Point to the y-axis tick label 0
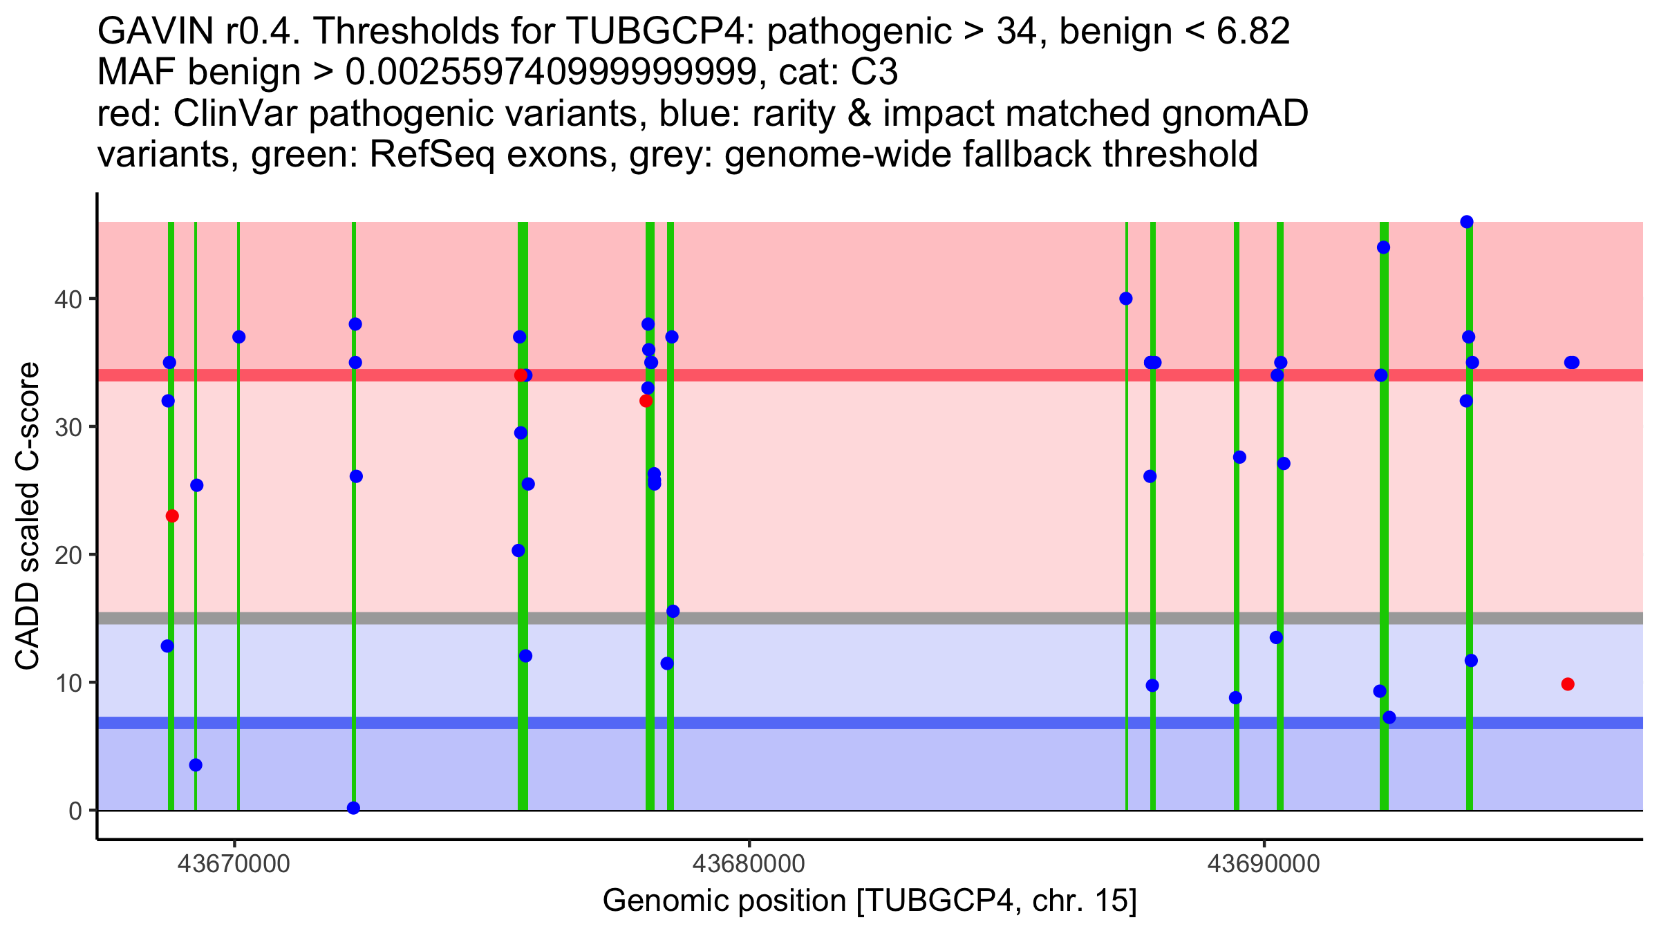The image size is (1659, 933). pyautogui.click(x=75, y=811)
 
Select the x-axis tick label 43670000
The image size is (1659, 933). pyautogui.click(x=234, y=864)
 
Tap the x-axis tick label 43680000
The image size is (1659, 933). pyautogui.click(x=749, y=864)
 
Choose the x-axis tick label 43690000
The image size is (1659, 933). pyautogui.click(x=1264, y=864)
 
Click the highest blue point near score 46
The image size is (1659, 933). pyautogui.click(x=1467, y=222)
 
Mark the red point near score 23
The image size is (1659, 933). pyautogui.click(x=172, y=516)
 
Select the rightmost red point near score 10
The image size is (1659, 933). pyautogui.click(x=1568, y=684)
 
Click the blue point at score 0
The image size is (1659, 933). pyautogui.click(x=353, y=808)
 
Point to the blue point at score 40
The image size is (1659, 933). pyautogui.click(x=1126, y=299)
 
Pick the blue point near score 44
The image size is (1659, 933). pyautogui.click(x=1383, y=247)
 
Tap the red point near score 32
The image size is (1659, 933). pyautogui.click(x=646, y=401)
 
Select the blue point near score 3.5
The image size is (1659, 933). pyautogui.click(x=196, y=765)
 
